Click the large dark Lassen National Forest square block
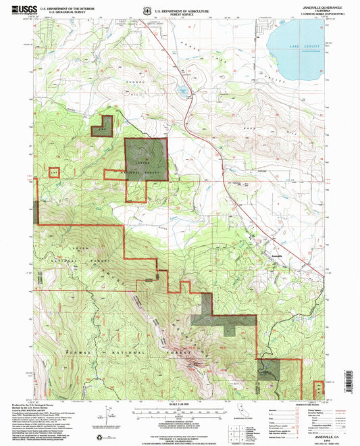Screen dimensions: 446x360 point(146,159)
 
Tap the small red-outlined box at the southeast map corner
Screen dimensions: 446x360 point(318,389)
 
